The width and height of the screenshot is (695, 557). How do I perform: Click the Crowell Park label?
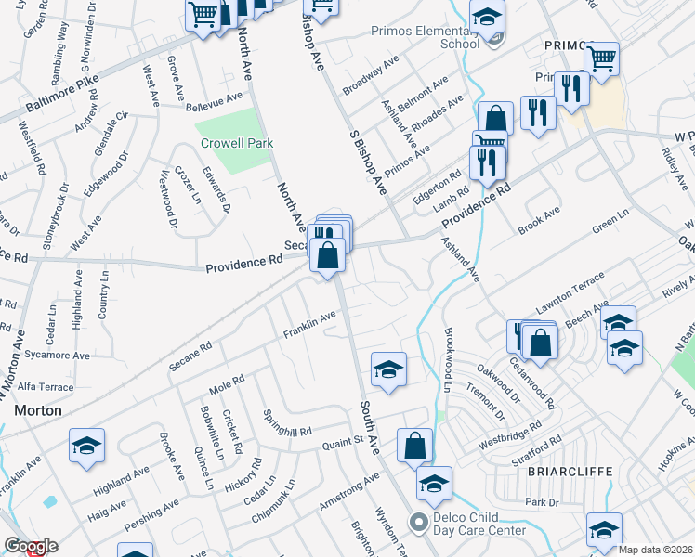[x=236, y=144]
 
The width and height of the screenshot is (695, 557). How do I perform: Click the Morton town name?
[x=38, y=409]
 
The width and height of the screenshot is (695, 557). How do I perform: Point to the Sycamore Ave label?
[x=58, y=356]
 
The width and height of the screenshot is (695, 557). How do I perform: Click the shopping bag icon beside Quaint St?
[x=414, y=444]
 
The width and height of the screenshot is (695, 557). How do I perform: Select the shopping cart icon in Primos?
[x=602, y=58]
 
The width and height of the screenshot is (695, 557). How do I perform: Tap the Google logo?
[x=30, y=547]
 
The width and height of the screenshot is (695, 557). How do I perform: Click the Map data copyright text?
[x=656, y=550]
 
